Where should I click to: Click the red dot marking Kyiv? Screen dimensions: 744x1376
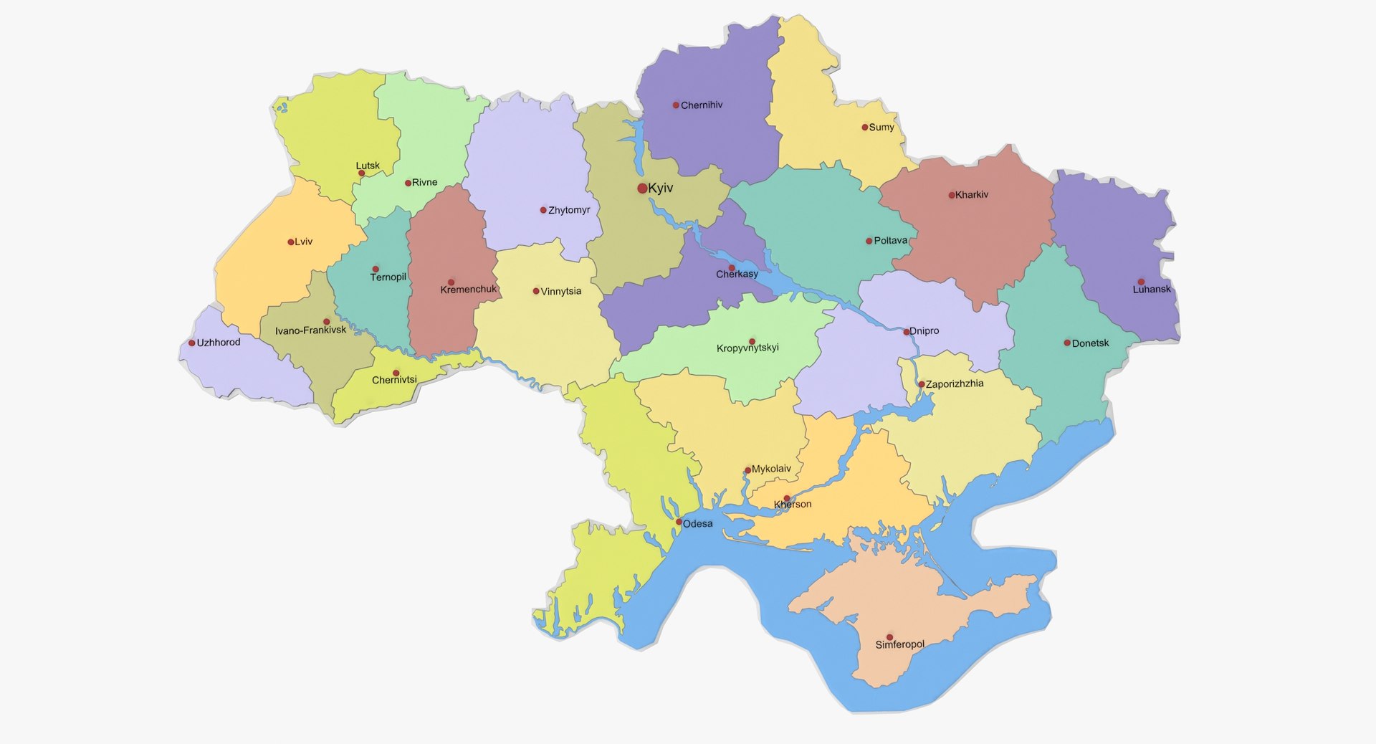pos(642,189)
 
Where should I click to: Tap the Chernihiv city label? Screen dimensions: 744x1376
pos(702,105)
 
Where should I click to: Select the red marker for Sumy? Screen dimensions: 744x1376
pos(865,128)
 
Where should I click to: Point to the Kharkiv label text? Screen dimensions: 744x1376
pos(972,195)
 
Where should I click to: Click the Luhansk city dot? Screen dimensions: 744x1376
pos(1141,282)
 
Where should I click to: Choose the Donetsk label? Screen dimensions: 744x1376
pos(1090,343)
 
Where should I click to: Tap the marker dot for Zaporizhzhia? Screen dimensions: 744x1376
pos(922,384)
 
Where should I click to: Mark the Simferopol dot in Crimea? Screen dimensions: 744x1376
pos(889,637)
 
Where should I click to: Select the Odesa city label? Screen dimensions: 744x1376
pos(697,524)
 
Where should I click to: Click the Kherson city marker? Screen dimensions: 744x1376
pos(787,498)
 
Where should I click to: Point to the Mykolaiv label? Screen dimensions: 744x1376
pos(771,469)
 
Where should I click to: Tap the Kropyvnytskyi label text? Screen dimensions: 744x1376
pos(747,348)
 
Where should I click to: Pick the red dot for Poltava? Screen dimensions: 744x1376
pos(869,241)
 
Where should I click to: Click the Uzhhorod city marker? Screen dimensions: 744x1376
pos(192,343)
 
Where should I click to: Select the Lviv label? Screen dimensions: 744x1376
pos(304,242)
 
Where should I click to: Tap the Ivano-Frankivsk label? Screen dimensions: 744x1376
pos(310,330)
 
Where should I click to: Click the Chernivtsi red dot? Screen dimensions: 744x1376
pos(396,373)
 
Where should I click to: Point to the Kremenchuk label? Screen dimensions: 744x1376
pos(468,290)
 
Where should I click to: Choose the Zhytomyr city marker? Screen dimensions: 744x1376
pos(543,210)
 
